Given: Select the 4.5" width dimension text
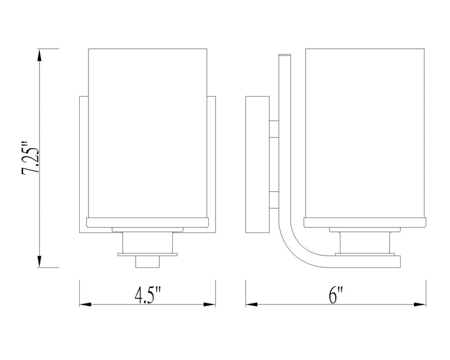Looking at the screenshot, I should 148,296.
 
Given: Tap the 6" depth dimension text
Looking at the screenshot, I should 336,296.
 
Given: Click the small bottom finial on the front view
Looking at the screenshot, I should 147,261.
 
